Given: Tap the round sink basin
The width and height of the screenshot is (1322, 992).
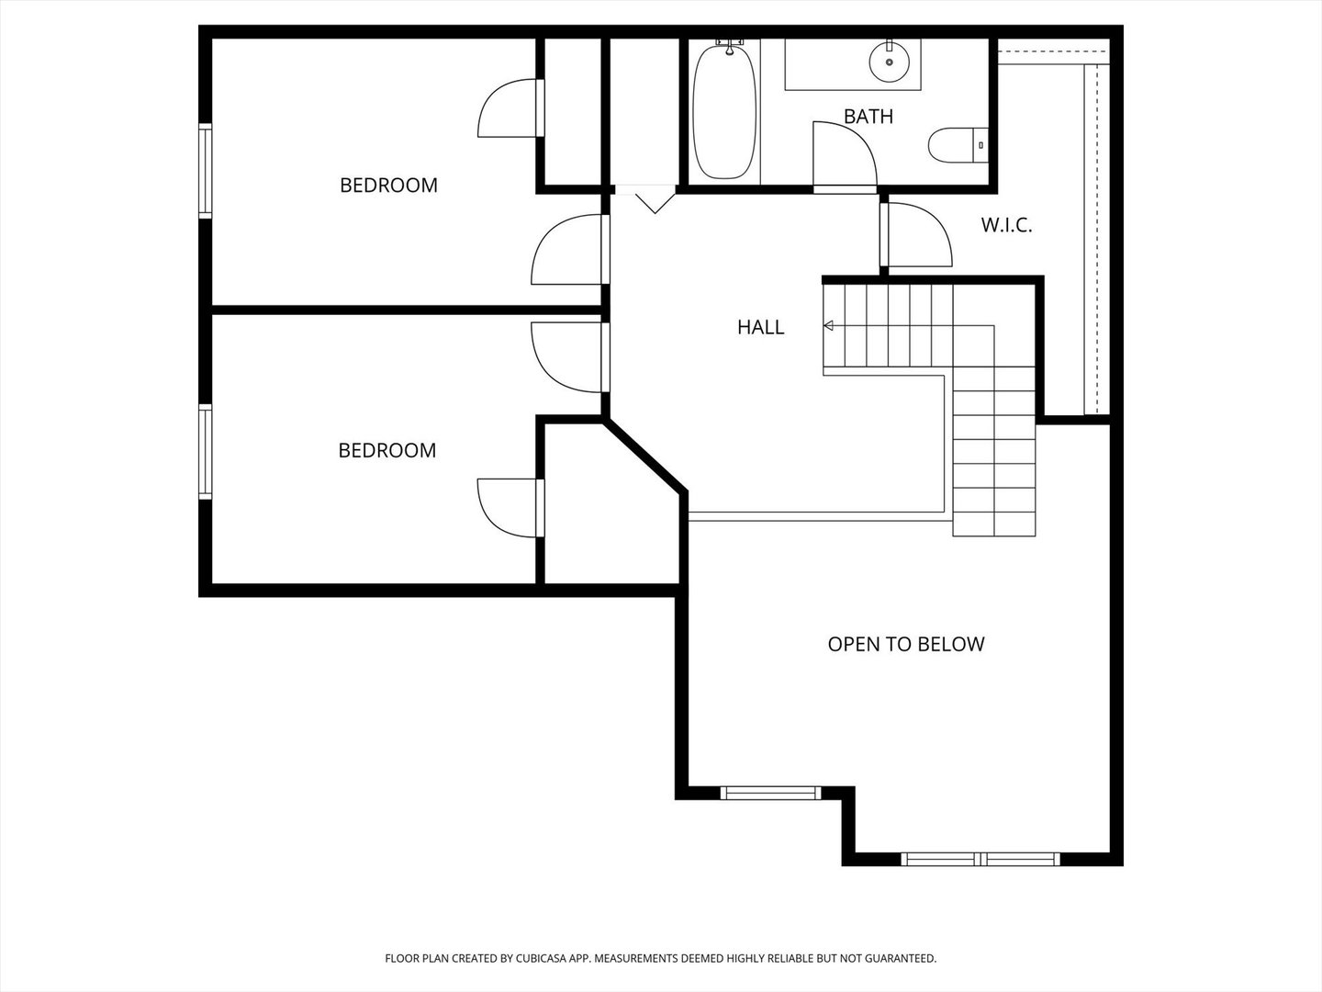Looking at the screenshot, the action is [889, 61].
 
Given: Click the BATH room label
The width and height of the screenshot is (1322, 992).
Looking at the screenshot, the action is [868, 117].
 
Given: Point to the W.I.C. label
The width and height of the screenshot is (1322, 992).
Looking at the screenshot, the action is [1006, 225].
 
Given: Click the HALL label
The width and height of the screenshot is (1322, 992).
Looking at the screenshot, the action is [760, 327].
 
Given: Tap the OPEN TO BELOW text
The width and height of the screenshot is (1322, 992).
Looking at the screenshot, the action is [905, 644].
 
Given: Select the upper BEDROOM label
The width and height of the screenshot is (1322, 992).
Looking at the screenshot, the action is [388, 186].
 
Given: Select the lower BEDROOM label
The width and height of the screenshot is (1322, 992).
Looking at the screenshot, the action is [387, 450].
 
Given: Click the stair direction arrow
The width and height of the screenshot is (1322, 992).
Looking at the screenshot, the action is [828, 325].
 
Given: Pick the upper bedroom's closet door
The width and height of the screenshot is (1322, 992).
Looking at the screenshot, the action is [510, 108].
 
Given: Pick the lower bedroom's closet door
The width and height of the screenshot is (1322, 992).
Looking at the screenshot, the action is [510, 507].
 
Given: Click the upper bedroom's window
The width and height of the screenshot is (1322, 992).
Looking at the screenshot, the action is [206, 171].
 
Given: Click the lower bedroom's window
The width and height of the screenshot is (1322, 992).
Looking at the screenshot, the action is [206, 452].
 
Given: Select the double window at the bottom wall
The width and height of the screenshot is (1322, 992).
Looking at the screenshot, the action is [980, 860].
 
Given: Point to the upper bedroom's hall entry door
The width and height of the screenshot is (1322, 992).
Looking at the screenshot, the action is [569, 250].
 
